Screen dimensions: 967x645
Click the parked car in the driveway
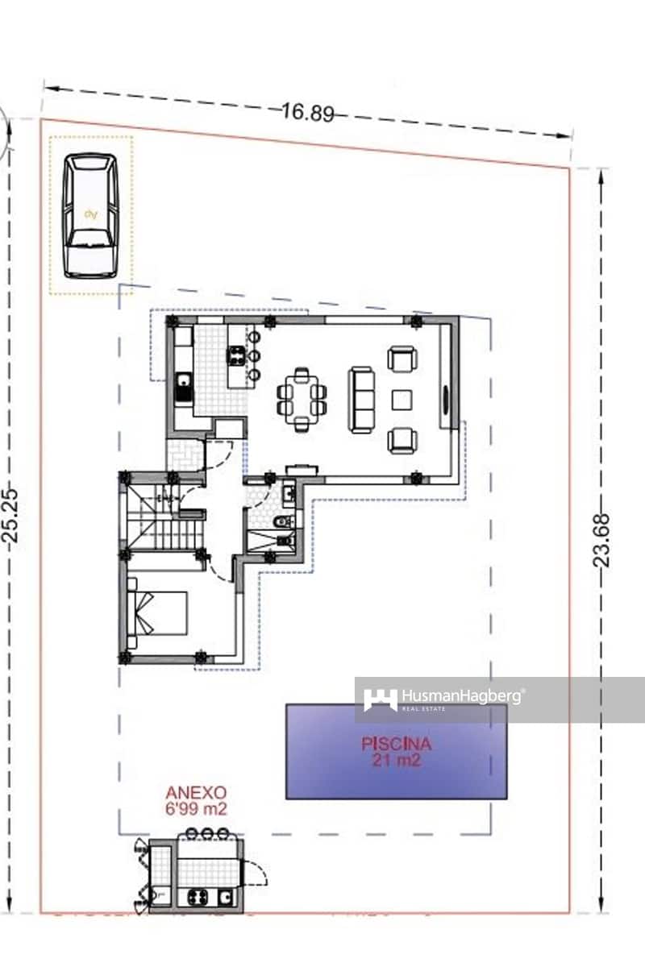(90, 215)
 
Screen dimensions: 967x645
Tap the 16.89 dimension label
(307, 112)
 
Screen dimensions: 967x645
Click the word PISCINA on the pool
(396, 745)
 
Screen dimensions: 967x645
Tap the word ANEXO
(196, 793)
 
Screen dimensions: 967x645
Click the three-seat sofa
(361, 398)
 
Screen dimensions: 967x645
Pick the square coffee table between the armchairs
(402, 399)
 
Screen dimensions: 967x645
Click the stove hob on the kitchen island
(237, 355)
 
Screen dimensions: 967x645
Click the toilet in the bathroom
(282, 524)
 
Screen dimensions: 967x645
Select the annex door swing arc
(256, 874)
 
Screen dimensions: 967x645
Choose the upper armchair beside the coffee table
(402, 358)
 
